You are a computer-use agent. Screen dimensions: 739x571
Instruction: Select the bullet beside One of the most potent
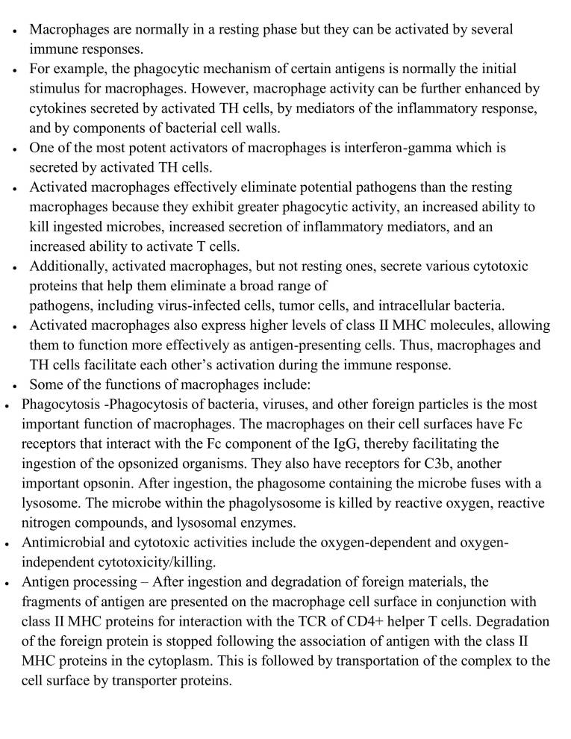15,149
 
